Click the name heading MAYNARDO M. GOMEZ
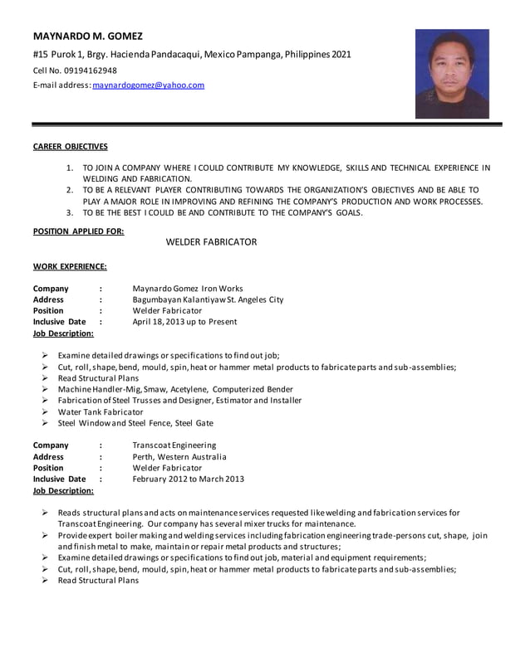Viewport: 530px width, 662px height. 87,36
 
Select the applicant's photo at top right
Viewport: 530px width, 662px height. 452,74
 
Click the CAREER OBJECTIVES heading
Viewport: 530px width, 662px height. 70,147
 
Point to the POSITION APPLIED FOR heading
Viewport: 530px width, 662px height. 78,231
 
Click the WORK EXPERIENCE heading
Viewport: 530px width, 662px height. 69,266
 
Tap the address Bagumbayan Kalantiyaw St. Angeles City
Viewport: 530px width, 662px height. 208,299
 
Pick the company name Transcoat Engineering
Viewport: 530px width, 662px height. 174,445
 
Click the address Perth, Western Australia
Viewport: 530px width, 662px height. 179,456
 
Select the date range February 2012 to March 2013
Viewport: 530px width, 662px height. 188,479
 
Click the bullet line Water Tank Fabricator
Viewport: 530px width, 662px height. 101,411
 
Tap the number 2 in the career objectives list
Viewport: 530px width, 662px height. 70,190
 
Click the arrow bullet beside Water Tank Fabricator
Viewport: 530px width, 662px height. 45,411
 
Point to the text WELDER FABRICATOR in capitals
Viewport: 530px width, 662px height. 211,241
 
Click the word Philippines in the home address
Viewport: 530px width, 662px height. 307,54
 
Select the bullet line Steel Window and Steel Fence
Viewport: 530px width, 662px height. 135,423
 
